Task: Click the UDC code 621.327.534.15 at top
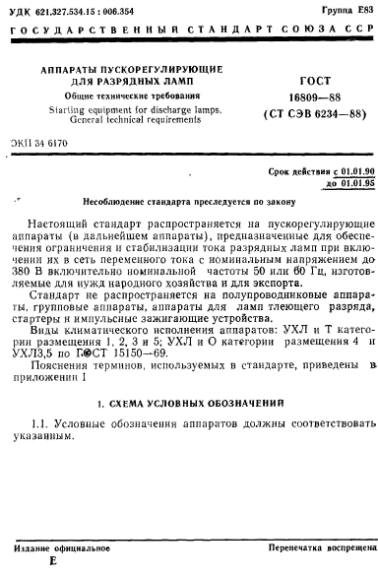click(x=75, y=9)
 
